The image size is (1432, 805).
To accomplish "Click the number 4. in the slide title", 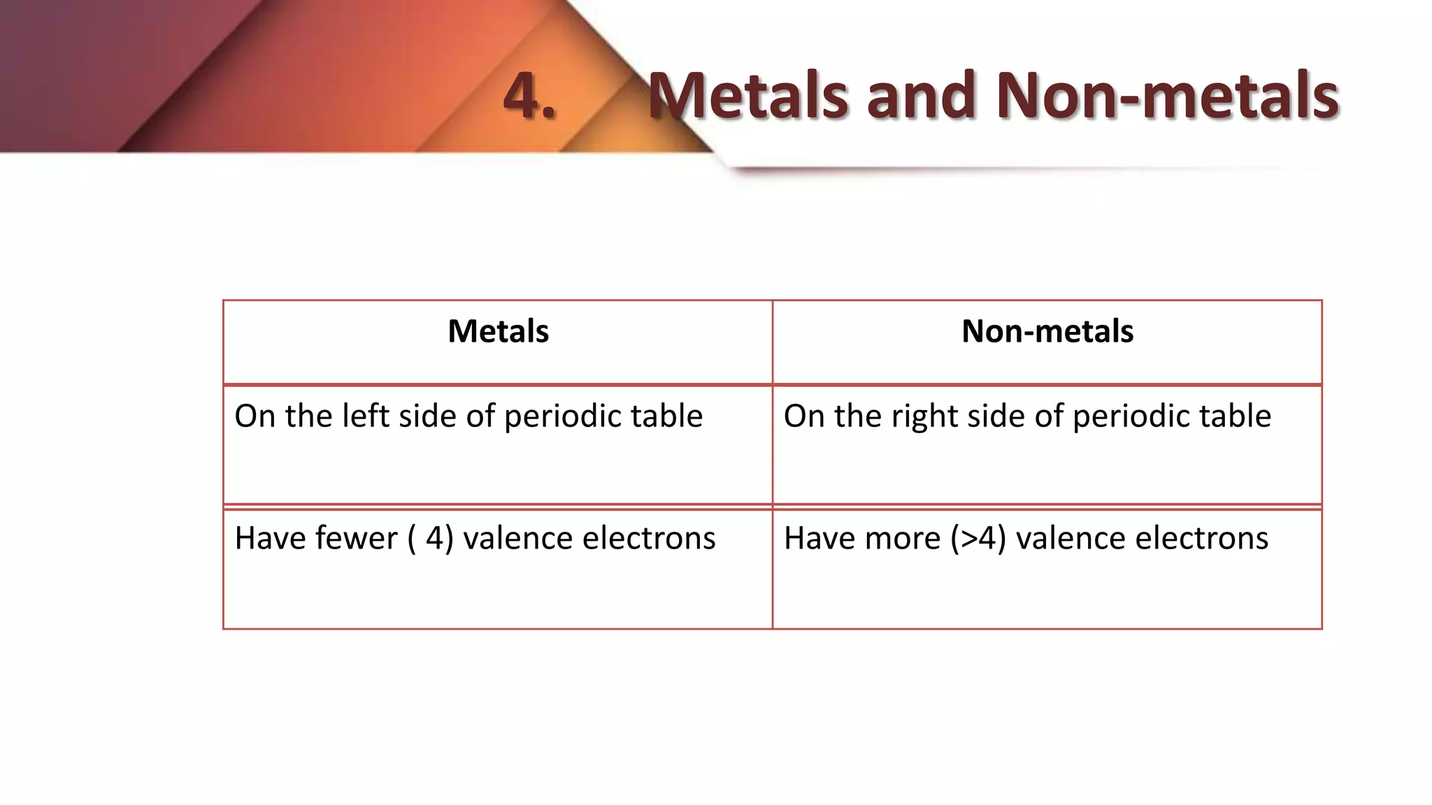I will (529, 95).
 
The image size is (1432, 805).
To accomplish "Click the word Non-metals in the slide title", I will (1166, 95).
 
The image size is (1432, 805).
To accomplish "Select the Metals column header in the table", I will (498, 331).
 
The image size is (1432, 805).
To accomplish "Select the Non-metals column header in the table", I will (1047, 331).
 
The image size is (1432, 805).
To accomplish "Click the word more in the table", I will (905, 539).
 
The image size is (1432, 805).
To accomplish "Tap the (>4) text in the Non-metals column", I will (978, 539).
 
